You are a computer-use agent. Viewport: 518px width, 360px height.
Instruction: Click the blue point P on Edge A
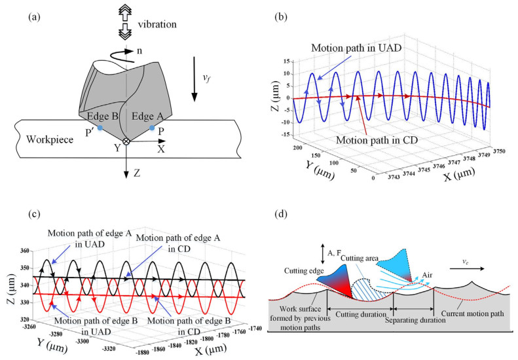[152, 128]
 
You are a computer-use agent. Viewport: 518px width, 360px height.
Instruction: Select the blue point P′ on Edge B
[100, 128]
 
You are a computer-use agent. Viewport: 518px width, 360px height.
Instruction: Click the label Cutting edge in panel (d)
[304, 270]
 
